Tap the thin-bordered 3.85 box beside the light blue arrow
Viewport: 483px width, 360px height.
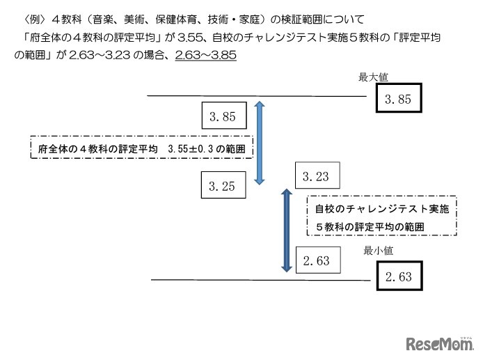[221, 116]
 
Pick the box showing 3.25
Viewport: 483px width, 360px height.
[221, 185]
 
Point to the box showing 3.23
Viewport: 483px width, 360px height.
[317, 177]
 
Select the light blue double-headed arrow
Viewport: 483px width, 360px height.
[259, 143]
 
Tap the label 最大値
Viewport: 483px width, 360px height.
[371, 77]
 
